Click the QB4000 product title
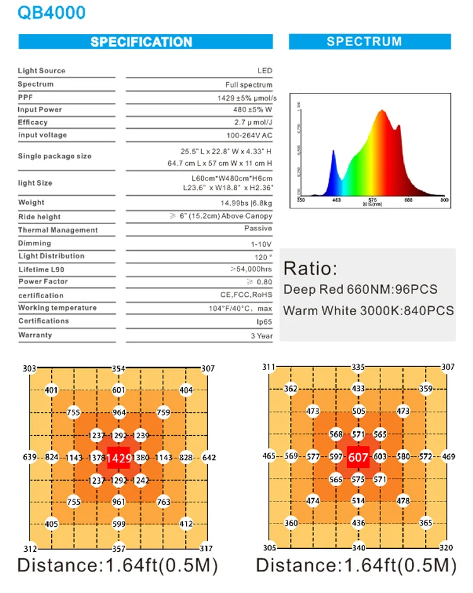click(x=52, y=13)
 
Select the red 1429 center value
click(x=119, y=458)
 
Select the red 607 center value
click(x=358, y=457)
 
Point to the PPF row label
click(x=25, y=97)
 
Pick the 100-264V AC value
click(x=249, y=135)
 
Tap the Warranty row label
click(x=35, y=335)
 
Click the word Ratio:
click(x=310, y=268)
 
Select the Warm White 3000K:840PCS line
click(x=368, y=311)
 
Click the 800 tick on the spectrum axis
click(x=444, y=200)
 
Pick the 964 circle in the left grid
click(x=119, y=413)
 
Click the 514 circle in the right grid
click(x=358, y=501)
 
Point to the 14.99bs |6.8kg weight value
click(x=247, y=203)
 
